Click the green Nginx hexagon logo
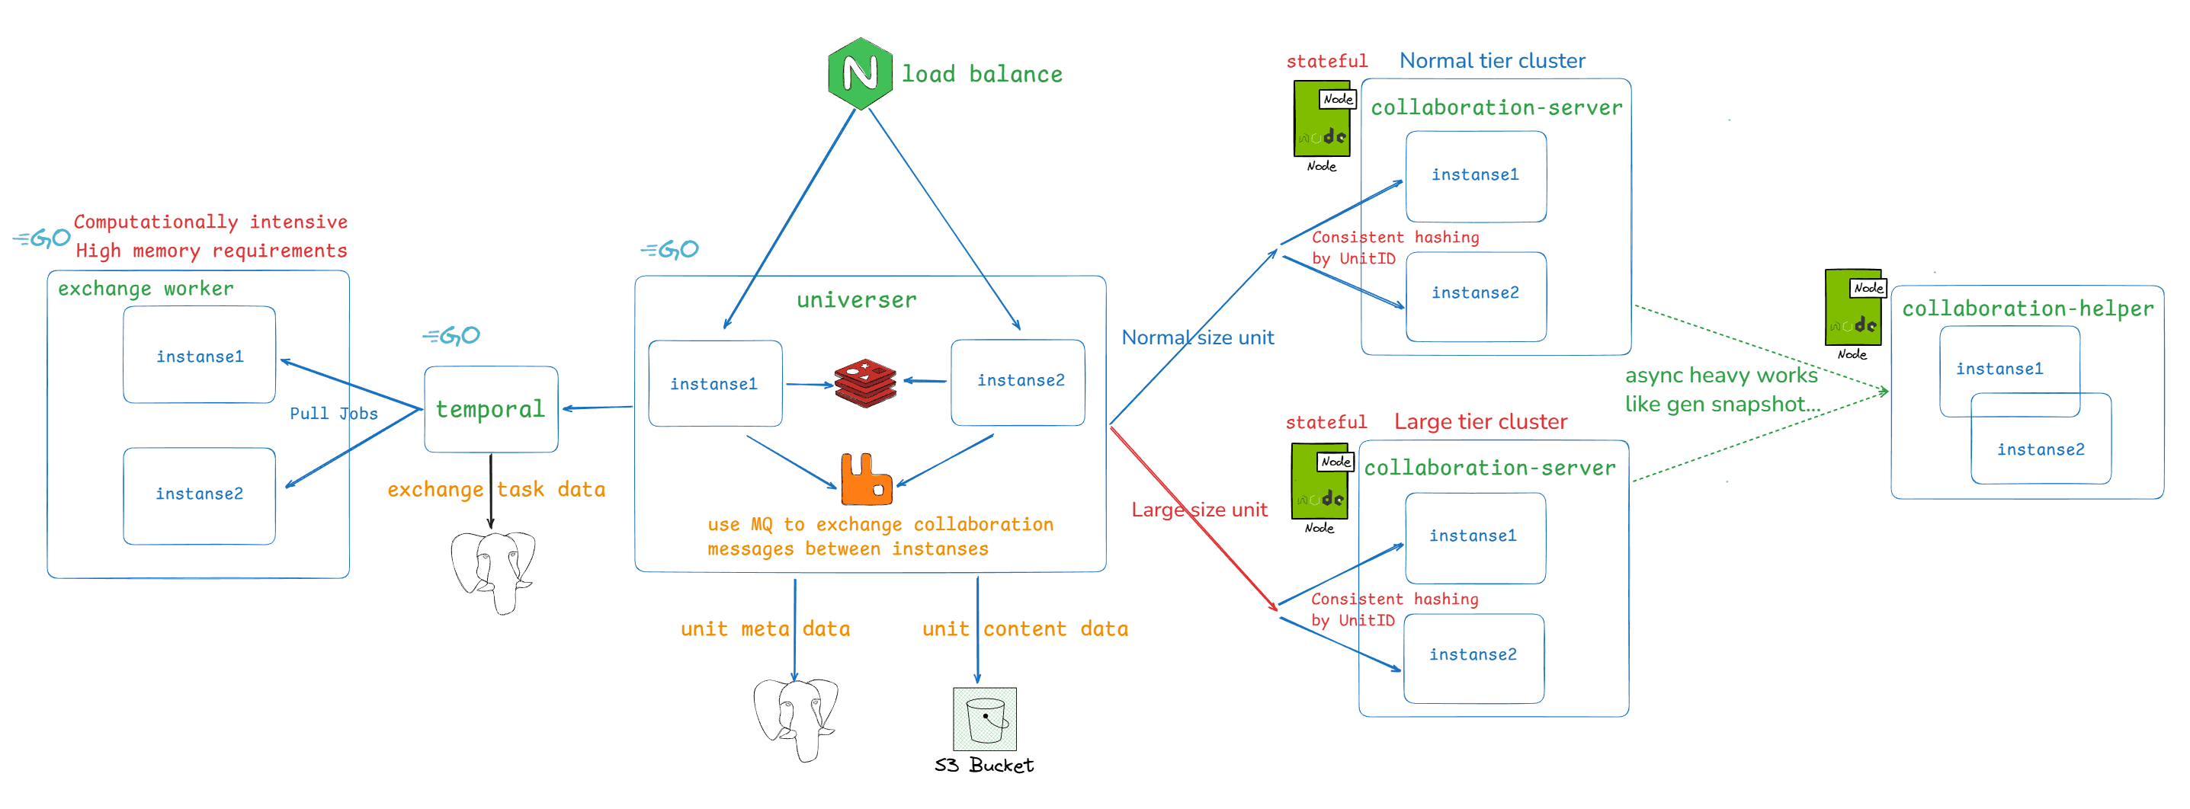coord(860,74)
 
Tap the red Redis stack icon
coord(864,383)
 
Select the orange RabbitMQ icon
coord(865,480)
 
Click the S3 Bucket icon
coord(985,719)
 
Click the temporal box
coord(491,410)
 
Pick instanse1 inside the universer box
coord(714,384)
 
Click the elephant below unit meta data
coord(795,716)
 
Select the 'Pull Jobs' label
coord(333,414)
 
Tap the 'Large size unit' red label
coord(1199,510)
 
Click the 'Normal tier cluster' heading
coord(1492,61)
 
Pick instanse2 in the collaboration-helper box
coord(2041,449)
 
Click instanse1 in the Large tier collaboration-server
coord(1473,536)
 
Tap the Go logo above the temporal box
coord(451,337)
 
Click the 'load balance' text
coord(982,75)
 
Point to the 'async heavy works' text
coord(1720,376)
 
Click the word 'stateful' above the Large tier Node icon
coord(1326,422)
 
